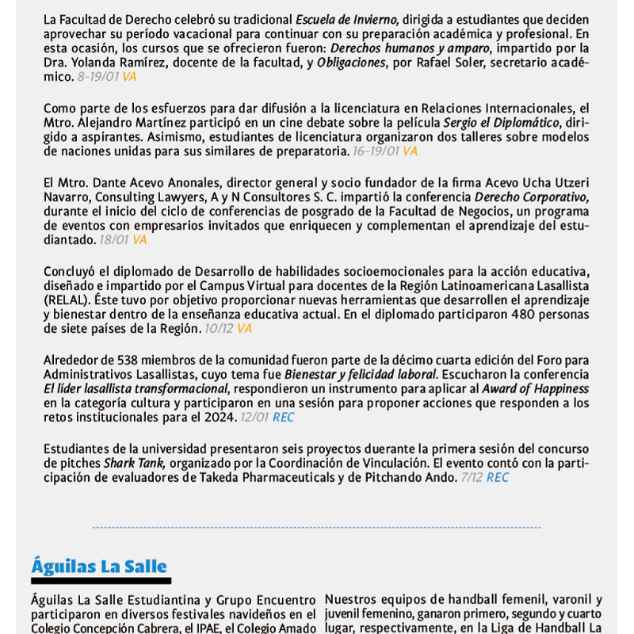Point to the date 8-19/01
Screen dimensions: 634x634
coord(97,77)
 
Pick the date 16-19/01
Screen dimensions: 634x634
coord(376,151)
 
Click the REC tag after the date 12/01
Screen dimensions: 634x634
coord(283,417)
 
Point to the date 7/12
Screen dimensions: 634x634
coord(472,477)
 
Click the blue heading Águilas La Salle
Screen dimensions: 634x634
coord(99,566)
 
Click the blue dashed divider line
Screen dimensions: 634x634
coord(317,527)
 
